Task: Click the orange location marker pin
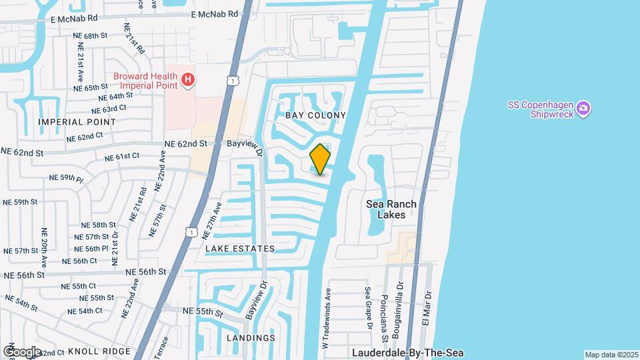click(x=321, y=159)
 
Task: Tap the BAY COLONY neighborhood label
click(x=315, y=115)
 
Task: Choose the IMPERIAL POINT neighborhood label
click(x=77, y=122)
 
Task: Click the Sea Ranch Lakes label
click(x=392, y=209)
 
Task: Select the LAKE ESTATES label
click(x=240, y=249)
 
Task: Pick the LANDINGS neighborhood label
click(x=251, y=338)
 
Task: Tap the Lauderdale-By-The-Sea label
click(x=408, y=353)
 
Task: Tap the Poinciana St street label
click(x=384, y=311)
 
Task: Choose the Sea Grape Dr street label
click(x=368, y=308)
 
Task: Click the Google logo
click(x=22, y=351)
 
